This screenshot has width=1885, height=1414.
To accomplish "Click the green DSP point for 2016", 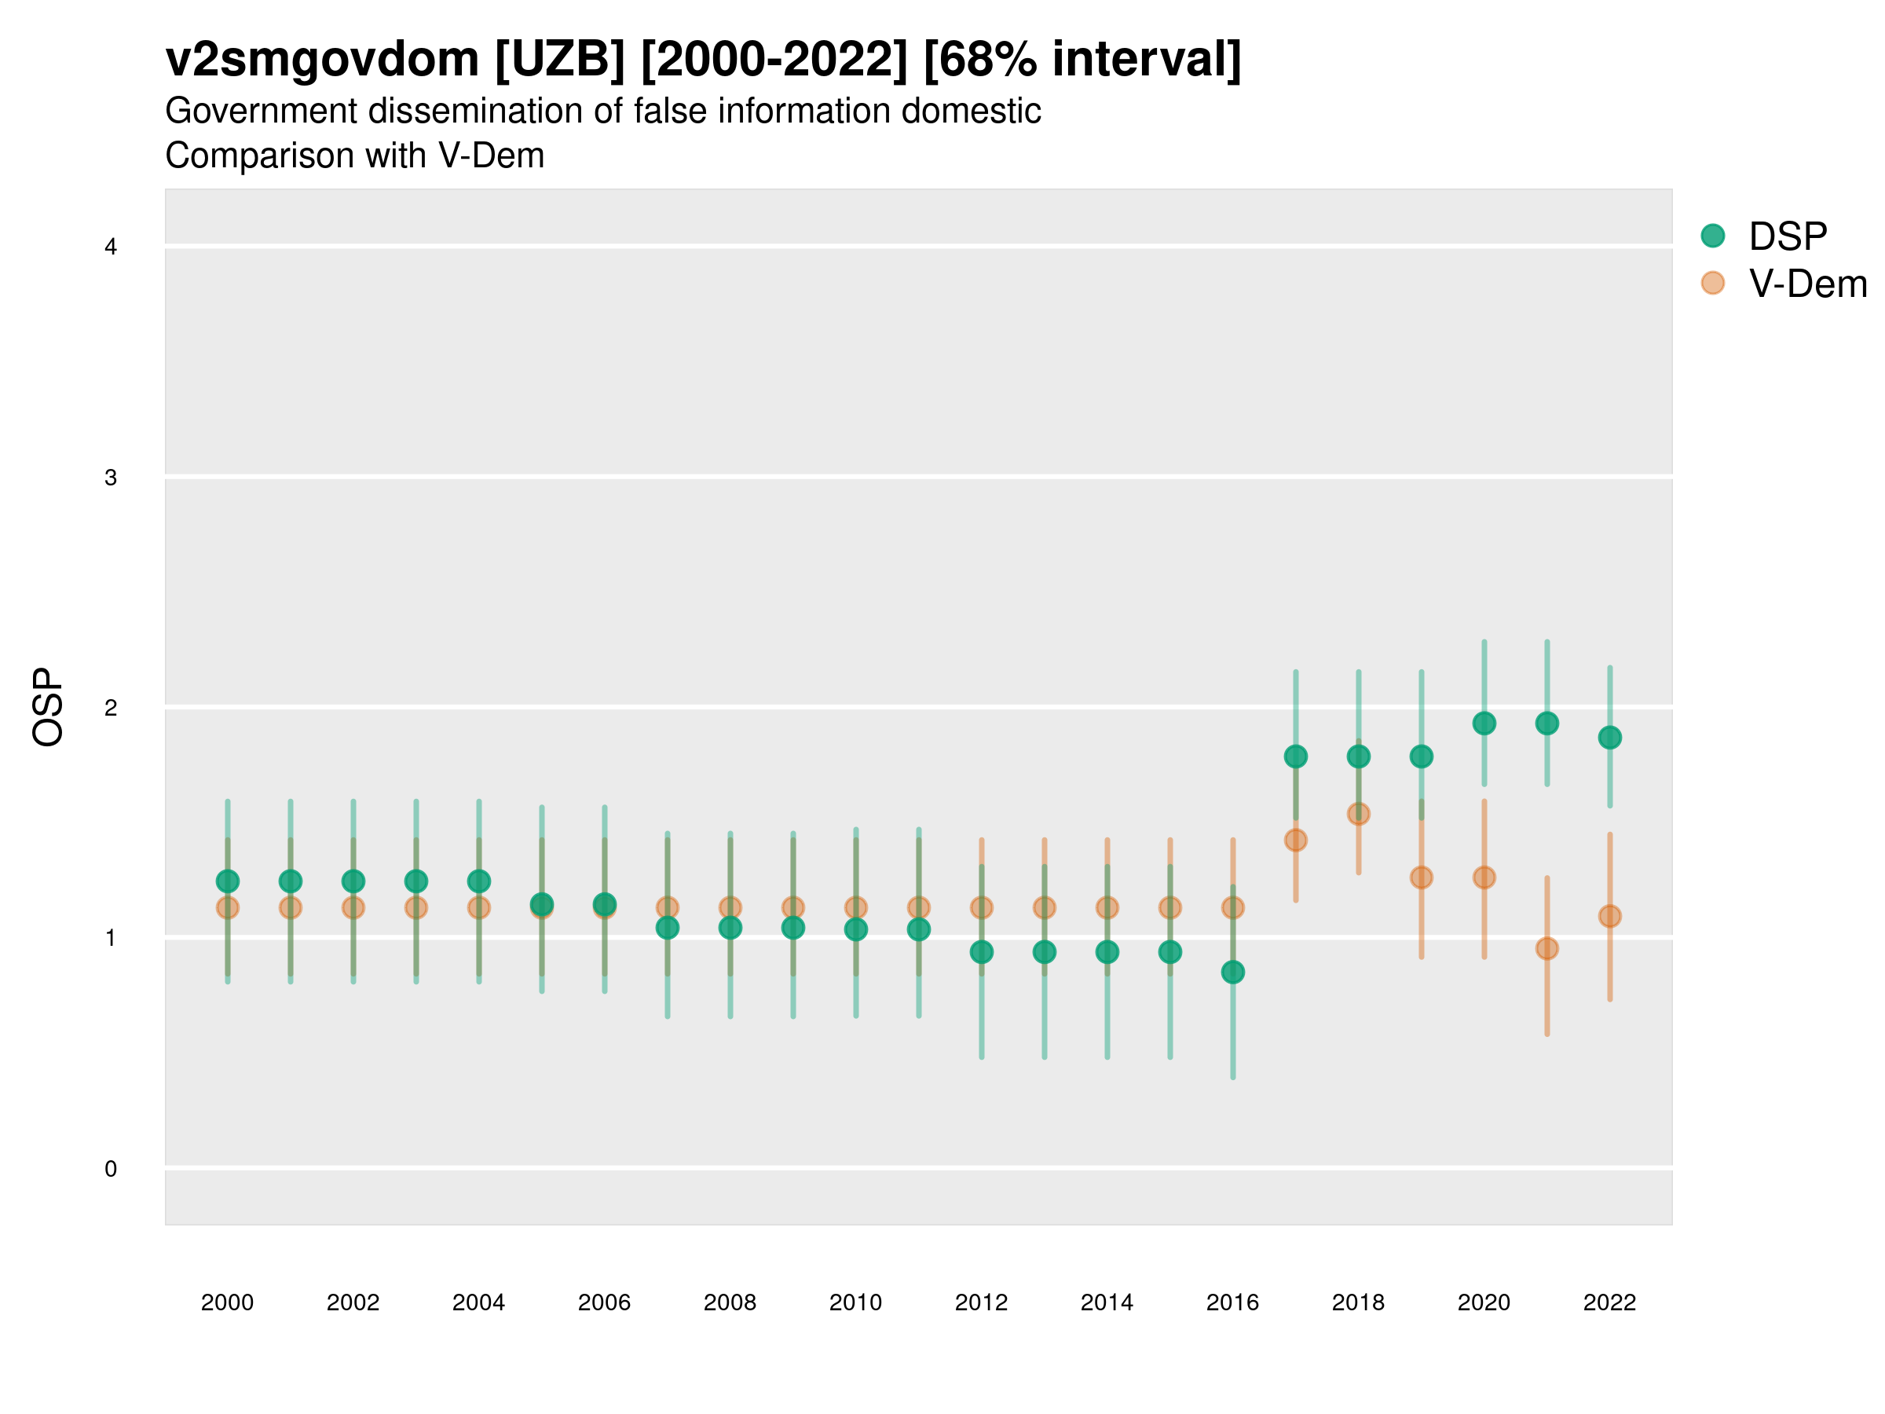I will click(x=1232, y=972).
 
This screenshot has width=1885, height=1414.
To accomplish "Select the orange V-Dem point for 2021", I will click(x=1546, y=948).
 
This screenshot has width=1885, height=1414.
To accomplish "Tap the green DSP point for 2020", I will click(x=1484, y=723).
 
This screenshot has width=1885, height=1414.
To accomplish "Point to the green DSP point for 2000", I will click(x=228, y=881).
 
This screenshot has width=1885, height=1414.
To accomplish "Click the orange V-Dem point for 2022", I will click(x=1610, y=916).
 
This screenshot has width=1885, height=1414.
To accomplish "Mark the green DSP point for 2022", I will click(x=1610, y=738).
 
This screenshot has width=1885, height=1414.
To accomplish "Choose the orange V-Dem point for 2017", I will click(x=1295, y=841).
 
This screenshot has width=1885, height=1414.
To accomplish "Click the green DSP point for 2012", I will click(x=982, y=951).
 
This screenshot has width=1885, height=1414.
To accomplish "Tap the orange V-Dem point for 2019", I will click(x=1422, y=877).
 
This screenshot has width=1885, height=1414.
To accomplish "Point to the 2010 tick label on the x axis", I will click(x=855, y=1302).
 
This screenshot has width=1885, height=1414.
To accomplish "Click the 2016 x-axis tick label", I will click(x=1232, y=1302).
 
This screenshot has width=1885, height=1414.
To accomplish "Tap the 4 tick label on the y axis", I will click(x=111, y=247).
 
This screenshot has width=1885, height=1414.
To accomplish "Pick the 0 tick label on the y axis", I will click(x=111, y=1169).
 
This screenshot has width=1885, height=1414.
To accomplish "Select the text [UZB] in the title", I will click(x=560, y=60).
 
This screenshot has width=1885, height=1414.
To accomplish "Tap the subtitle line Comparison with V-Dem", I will click(x=354, y=156).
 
